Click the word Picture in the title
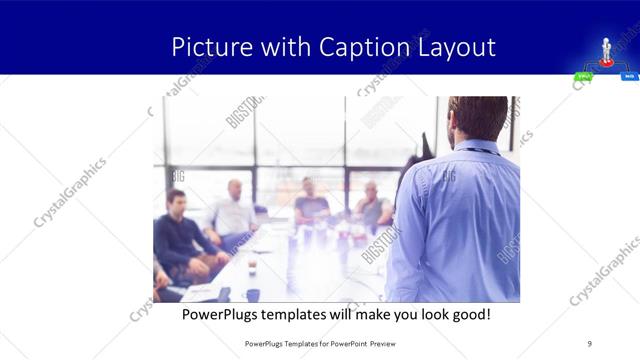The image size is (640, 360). [206, 47]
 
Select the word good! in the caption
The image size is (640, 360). [468, 314]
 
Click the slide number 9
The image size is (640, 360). [589, 343]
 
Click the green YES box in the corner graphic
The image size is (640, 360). [583, 76]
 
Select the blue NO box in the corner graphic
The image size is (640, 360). [630, 76]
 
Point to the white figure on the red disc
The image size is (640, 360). [606, 50]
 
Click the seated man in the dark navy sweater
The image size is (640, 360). [177, 235]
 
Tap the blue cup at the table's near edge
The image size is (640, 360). [252, 294]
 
